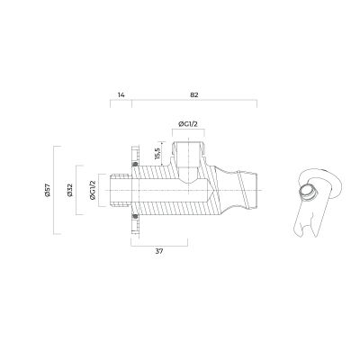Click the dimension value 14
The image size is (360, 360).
click(121, 95)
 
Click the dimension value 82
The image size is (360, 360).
click(194, 95)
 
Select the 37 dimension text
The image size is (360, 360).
click(159, 251)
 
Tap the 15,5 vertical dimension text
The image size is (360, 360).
click(158, 154)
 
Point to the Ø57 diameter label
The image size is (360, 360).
click(48, 190)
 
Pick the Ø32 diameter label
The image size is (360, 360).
click(70, 190)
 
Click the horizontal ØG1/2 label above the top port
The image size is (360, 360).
click(188, 124)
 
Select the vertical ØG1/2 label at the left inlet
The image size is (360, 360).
click(93, 190)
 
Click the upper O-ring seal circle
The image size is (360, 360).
click(135, 164)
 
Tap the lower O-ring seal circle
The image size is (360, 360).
click(135, 217)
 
